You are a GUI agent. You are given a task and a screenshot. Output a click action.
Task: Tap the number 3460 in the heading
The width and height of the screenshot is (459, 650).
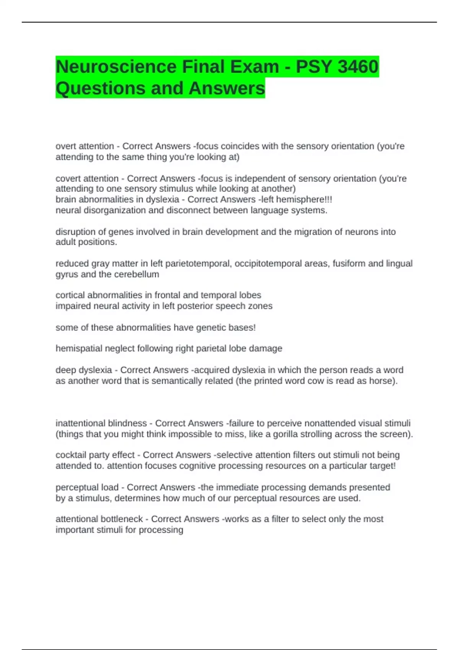point(358,67)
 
